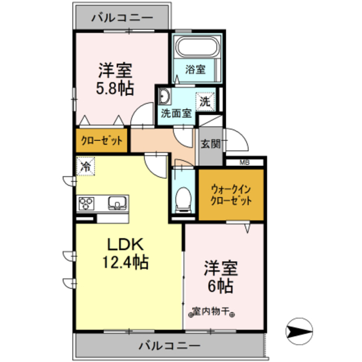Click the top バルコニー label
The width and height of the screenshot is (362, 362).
(x=121, y=18)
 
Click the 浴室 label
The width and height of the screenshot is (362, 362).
(x=196, y=70)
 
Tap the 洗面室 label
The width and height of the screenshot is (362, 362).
(x=176, y=113)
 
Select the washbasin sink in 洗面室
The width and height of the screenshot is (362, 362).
(x=165, y=95)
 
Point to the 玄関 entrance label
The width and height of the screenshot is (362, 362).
(x=210, y=144)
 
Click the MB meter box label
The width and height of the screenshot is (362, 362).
(x=245, y=163)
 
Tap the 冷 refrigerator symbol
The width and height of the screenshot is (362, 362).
(x=87, y=167)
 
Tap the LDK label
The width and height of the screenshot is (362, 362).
(x=128, y=244)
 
